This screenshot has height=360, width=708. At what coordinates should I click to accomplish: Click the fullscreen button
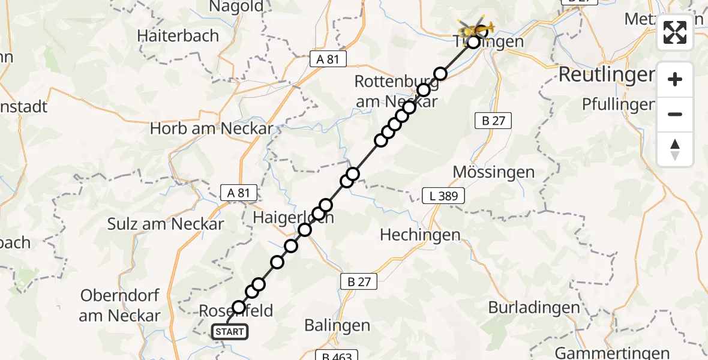[x=675, y=32]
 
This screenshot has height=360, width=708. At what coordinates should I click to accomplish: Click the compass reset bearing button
[x=675, y=149]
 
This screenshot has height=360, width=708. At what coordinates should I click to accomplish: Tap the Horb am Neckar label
[x=211, y=128]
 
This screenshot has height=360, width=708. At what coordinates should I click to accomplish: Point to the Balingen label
[x=337, y=326]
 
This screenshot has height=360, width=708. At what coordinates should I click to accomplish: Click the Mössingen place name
[x=493, y=172]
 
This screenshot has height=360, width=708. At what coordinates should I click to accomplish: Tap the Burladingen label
[x=534, y=308]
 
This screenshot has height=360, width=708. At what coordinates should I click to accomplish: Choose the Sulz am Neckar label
[x=166, y=224]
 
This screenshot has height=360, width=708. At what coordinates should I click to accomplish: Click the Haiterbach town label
[x=178, y=35]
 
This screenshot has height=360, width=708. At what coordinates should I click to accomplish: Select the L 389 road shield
[x=443, y=195]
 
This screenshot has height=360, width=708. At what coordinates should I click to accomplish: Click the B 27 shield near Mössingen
[x=493, y=121]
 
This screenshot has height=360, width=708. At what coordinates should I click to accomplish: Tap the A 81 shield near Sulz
[x=238, y=193]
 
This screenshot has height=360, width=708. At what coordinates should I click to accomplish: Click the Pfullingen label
[x=618, y=104]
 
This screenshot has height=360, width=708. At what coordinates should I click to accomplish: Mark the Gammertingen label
[x=612, y=353]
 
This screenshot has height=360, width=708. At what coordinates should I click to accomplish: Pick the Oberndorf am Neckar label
[x=119, y=305]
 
